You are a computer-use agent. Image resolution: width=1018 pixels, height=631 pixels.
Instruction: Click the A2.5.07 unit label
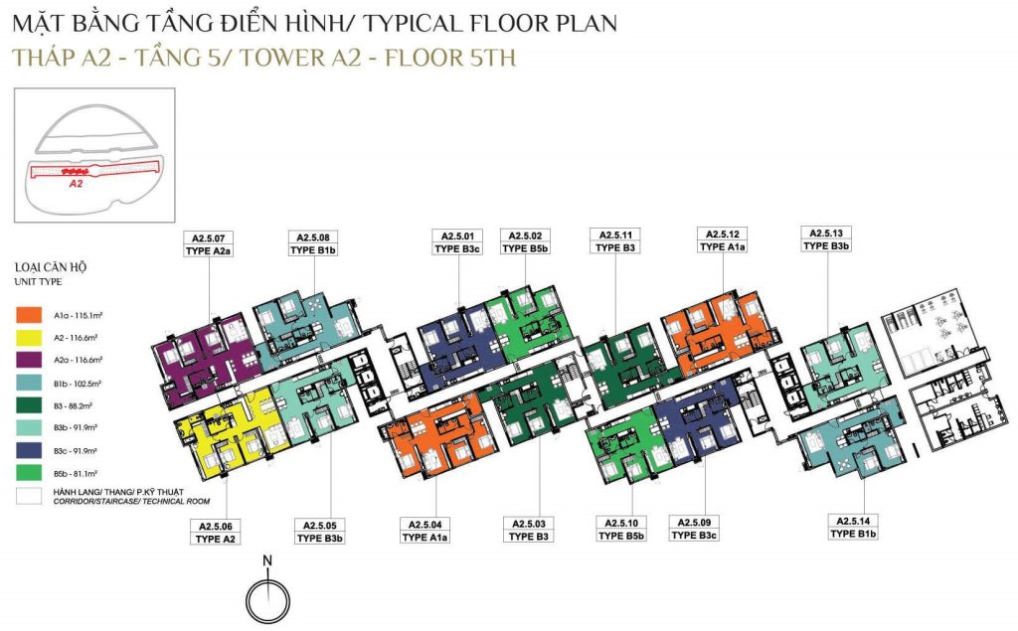209,238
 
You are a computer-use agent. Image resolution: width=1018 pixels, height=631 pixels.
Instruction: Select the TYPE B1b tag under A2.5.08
313,250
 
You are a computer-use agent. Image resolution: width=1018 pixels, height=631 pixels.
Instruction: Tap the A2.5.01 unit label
457,237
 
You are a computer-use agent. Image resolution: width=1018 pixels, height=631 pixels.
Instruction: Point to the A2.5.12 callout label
722,235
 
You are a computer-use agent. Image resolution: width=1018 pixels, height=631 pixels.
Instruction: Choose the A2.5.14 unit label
853,521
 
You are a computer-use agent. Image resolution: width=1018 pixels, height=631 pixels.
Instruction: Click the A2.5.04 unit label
424,525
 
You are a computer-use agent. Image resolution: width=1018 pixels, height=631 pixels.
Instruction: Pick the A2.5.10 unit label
621,524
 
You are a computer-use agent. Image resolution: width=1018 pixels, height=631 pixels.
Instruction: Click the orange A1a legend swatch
29,316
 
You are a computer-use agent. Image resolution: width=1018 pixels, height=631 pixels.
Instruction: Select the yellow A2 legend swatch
29,338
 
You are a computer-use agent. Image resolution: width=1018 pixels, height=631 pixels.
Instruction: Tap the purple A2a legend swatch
29,360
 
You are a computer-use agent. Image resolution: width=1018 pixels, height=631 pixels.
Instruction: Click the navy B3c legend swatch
29,450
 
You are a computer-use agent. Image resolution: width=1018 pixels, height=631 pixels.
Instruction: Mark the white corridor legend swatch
29,496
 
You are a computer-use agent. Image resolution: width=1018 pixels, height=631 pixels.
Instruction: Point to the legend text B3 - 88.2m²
73,405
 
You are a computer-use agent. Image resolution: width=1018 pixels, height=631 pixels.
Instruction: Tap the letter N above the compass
267,560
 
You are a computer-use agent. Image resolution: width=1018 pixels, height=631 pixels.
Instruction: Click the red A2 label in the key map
76,184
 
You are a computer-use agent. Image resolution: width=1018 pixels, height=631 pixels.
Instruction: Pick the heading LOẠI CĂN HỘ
51,267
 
